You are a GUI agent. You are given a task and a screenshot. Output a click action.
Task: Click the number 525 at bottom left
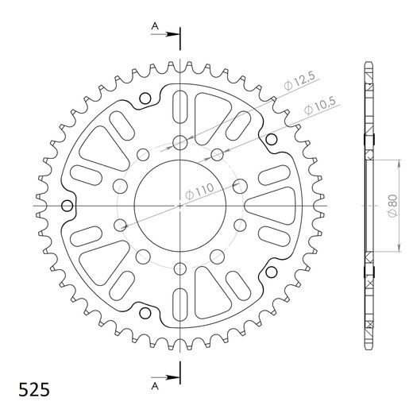coord(34,390)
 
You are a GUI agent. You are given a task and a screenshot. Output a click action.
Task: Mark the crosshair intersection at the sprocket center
coord(181,206)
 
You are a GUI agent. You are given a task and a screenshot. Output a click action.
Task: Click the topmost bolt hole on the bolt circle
coord(181,143)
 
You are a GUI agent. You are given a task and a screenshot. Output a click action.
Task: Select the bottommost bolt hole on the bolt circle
coord(181,268)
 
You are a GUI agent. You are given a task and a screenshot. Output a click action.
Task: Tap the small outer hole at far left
coord(68,206)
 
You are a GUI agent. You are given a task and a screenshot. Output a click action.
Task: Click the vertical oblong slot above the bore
coord(181,106)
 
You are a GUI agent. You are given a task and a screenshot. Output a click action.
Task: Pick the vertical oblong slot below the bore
coord(181,304)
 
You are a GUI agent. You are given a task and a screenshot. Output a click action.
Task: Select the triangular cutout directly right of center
coord(270,206)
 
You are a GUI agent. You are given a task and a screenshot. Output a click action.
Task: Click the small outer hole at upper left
coord(145,98)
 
